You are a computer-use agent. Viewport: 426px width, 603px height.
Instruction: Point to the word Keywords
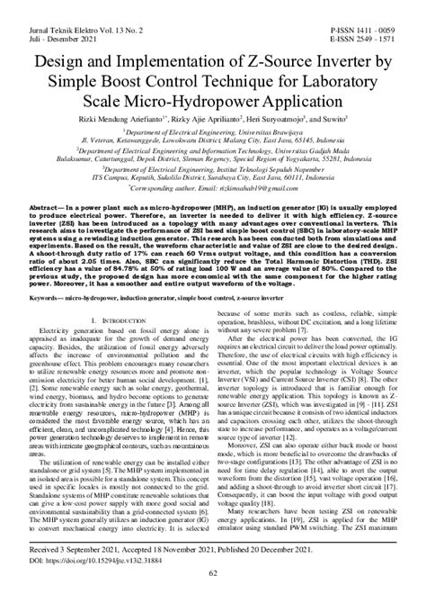[x=42, y=294]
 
